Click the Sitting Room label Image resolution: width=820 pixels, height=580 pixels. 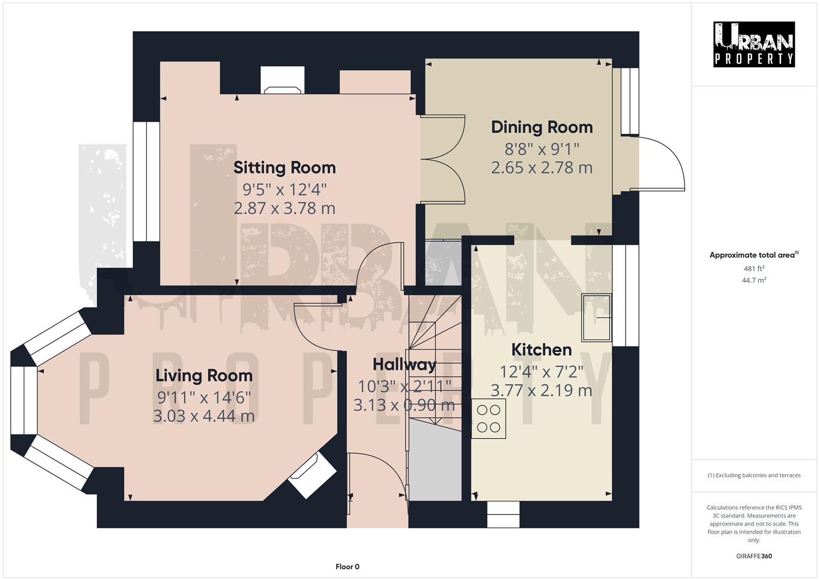click(x=284, y=168)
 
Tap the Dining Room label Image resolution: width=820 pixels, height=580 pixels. click(x=542, y=127)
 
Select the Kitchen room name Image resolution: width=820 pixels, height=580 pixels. click(x=541, y=350)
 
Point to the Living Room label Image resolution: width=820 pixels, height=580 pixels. click(x=204, y=375)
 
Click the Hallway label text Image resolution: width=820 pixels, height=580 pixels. click(x=404, y=365)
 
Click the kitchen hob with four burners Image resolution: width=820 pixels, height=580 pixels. click(x=489, y=419)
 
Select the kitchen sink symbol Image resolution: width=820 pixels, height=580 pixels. click(x=597, y=317)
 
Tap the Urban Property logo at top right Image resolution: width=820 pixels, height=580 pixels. click(x=754, y=44)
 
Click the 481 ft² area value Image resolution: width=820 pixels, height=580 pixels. click(x=754, y=269)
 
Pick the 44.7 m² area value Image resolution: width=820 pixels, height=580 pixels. click(x=754, y=280)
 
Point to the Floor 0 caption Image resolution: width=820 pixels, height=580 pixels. click(x=347, y=567)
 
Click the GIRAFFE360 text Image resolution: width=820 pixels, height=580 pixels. click(x=754, y=556)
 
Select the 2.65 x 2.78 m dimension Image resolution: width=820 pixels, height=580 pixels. click(x=542, y=168)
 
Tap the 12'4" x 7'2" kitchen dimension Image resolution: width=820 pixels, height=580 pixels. click(x=541, y=371)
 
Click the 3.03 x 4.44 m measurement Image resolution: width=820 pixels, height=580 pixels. click(x=204, y=416)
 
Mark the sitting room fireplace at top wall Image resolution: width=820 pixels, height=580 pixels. click(x=282, y=81)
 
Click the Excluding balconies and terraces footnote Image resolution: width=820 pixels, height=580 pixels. click(x=754, y=475)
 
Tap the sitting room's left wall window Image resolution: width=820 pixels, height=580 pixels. click(x=146, y=182)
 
